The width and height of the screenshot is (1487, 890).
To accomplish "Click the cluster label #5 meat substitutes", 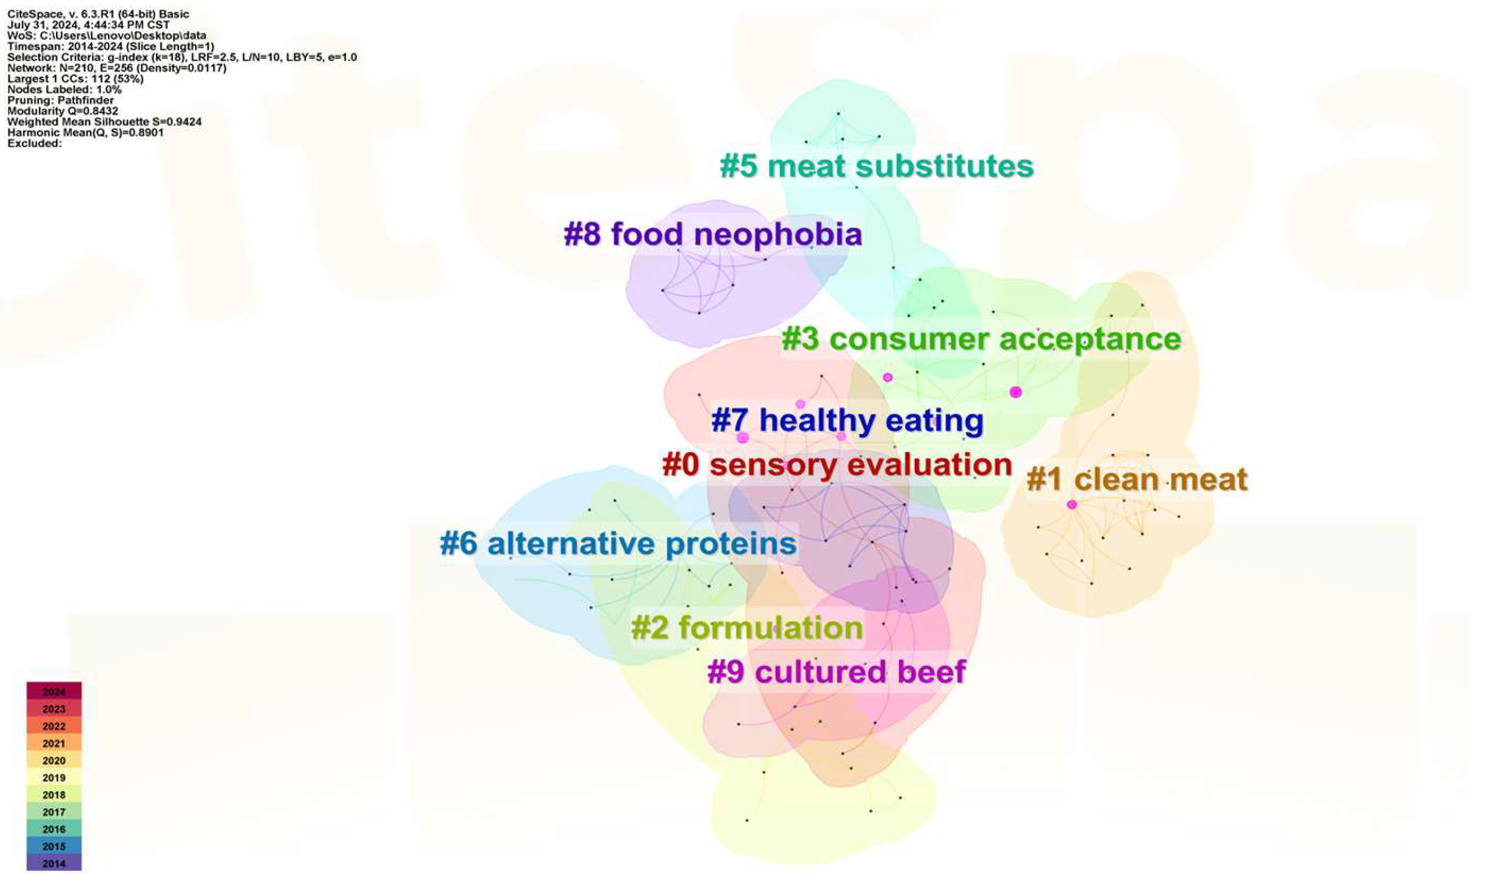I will click(x=876, y=166).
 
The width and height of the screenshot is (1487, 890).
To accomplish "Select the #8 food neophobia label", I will click(x=713, y=234).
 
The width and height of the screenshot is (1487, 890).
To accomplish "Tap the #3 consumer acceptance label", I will click(x=981, y=340).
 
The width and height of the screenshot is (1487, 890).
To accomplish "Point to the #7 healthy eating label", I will click(x=847, y=420).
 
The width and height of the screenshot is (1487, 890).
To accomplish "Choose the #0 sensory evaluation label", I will click(x=837, y=466).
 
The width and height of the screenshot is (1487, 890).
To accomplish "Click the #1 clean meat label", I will click(x=1136, y=480).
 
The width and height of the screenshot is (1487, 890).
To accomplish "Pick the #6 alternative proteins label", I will click(x=618, y=544).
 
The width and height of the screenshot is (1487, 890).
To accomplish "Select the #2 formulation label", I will click(x=746, y=628).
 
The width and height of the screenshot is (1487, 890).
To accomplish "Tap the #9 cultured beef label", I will click(x=837, y=672).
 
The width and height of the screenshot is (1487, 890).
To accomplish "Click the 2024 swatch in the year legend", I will click(x=54, y=692).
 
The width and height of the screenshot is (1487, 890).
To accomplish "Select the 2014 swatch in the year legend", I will click(x=54, y=863).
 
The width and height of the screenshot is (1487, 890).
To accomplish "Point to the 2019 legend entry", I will click(x=54, y=777).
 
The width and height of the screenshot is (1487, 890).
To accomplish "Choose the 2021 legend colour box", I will click(x=54, y=743).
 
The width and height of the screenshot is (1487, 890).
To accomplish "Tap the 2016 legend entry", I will click(x=54, y=829).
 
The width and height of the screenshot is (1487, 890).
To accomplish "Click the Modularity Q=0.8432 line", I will click(x=62, y=111).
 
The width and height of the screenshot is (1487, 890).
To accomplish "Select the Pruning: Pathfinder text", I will click(x=60, y=100).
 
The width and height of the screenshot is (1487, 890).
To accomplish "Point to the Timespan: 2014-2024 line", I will click(x=110, y=46).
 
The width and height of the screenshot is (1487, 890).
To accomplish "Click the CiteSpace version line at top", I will click(x=98, y=14).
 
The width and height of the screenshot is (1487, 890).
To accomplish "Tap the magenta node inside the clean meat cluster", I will click(x=1072, y=505).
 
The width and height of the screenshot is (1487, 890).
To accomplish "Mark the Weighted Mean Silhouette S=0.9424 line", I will click(x=105, y=121).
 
